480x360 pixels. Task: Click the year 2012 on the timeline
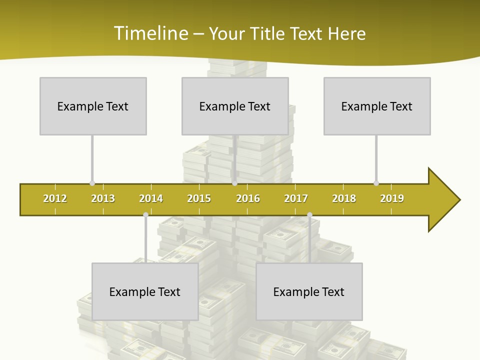pyautogui.click(x=55, y=198)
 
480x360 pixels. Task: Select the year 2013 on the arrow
pyautogui.click(x=103, y=198)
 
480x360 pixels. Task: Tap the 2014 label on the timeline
pyautogui.click(x=151, y=198)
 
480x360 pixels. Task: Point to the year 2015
pyautogui.click(x=199, y=198)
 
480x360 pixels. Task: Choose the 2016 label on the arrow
pyautogui.click(x=248, y=198)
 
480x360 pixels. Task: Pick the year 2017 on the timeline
pyautogui.click(x=296, y=198)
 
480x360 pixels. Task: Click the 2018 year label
pyautogui.click(x=344, y=198)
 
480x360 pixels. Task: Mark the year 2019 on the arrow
pyautogui.click(x=392, y=198)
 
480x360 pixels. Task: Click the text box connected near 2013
pyautogui.click(x=93, y=106)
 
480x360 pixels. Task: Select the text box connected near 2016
pyautogui.click(x=235, y=106)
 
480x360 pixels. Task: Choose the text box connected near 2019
pyautogui.click(x=377, y=106)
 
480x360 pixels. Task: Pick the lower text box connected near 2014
pyautogui.click(x=145, y=291)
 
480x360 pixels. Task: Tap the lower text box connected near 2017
pyautogui.click(x=309, y=291)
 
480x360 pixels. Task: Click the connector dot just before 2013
pyautogui.click(x=92, y=183)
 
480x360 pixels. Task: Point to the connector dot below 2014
pyautogui.click(x=145, y=214)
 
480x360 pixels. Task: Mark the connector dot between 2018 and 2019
pyautogui.click(x=376, y=183)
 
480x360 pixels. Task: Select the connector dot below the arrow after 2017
pyautogui.click(x=309, y=214)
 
